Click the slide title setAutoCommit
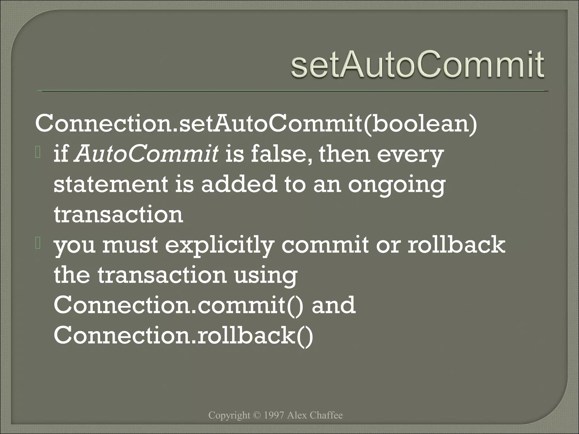pyautogui.click(x=417, y=64)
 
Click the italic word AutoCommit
pyautogui.click(x=146, y=155)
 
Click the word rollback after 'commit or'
pyautogui.click(x=456, y=245)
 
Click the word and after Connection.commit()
pyautogui.click(x=333, y=305)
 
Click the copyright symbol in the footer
pyautogui.click(x=257, y=415)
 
